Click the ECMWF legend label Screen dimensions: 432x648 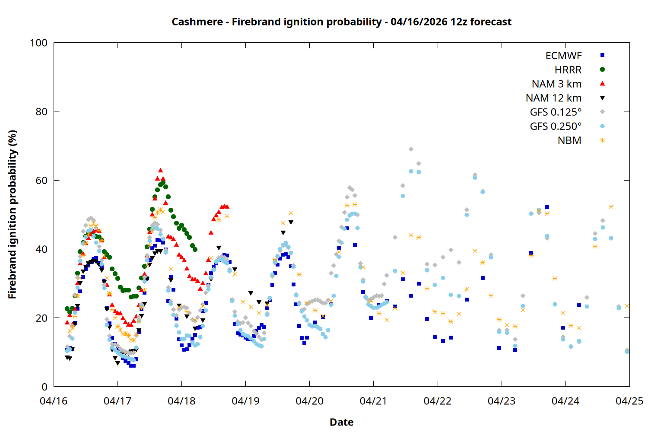point(563,56)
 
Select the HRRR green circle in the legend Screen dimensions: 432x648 point(602,70)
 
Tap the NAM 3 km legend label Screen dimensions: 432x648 point(556,84)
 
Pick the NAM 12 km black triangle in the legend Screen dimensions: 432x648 point(602,98)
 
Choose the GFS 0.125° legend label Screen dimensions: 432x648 point(556,112)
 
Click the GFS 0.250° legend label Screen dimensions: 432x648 point(556,127)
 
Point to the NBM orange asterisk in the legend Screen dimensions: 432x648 point(602,140)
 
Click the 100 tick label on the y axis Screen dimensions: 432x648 point(38,43)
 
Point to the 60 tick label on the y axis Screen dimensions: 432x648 point(41,181)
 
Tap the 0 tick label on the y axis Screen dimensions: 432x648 point(44,387)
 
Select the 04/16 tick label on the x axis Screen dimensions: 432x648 point(54,401)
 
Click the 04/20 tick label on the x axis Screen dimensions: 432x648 point(309,401)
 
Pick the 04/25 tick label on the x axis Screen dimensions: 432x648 point(629,401)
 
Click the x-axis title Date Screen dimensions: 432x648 point(341,422)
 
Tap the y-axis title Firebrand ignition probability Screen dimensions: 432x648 point(13,214)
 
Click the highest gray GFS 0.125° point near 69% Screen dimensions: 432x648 point(411,149)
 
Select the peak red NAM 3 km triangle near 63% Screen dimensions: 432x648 point(160,171)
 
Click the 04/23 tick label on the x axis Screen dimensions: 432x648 point(501,401)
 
